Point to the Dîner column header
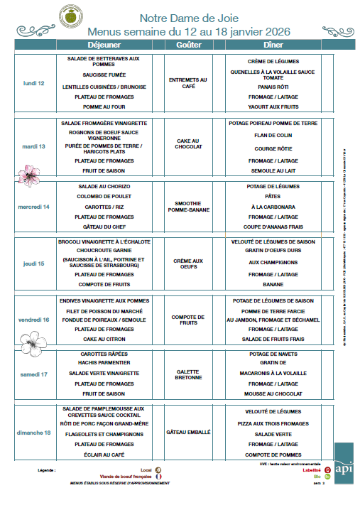click(x=273, y=45)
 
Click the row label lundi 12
click(x=34, y=83)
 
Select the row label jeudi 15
click(x=34, y=264)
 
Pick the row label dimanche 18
click(x=34, y=433)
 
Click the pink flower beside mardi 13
click(x=29, y=174)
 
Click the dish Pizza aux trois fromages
click(x=272, y=423)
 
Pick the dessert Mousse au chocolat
click(x=272, y=393)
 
